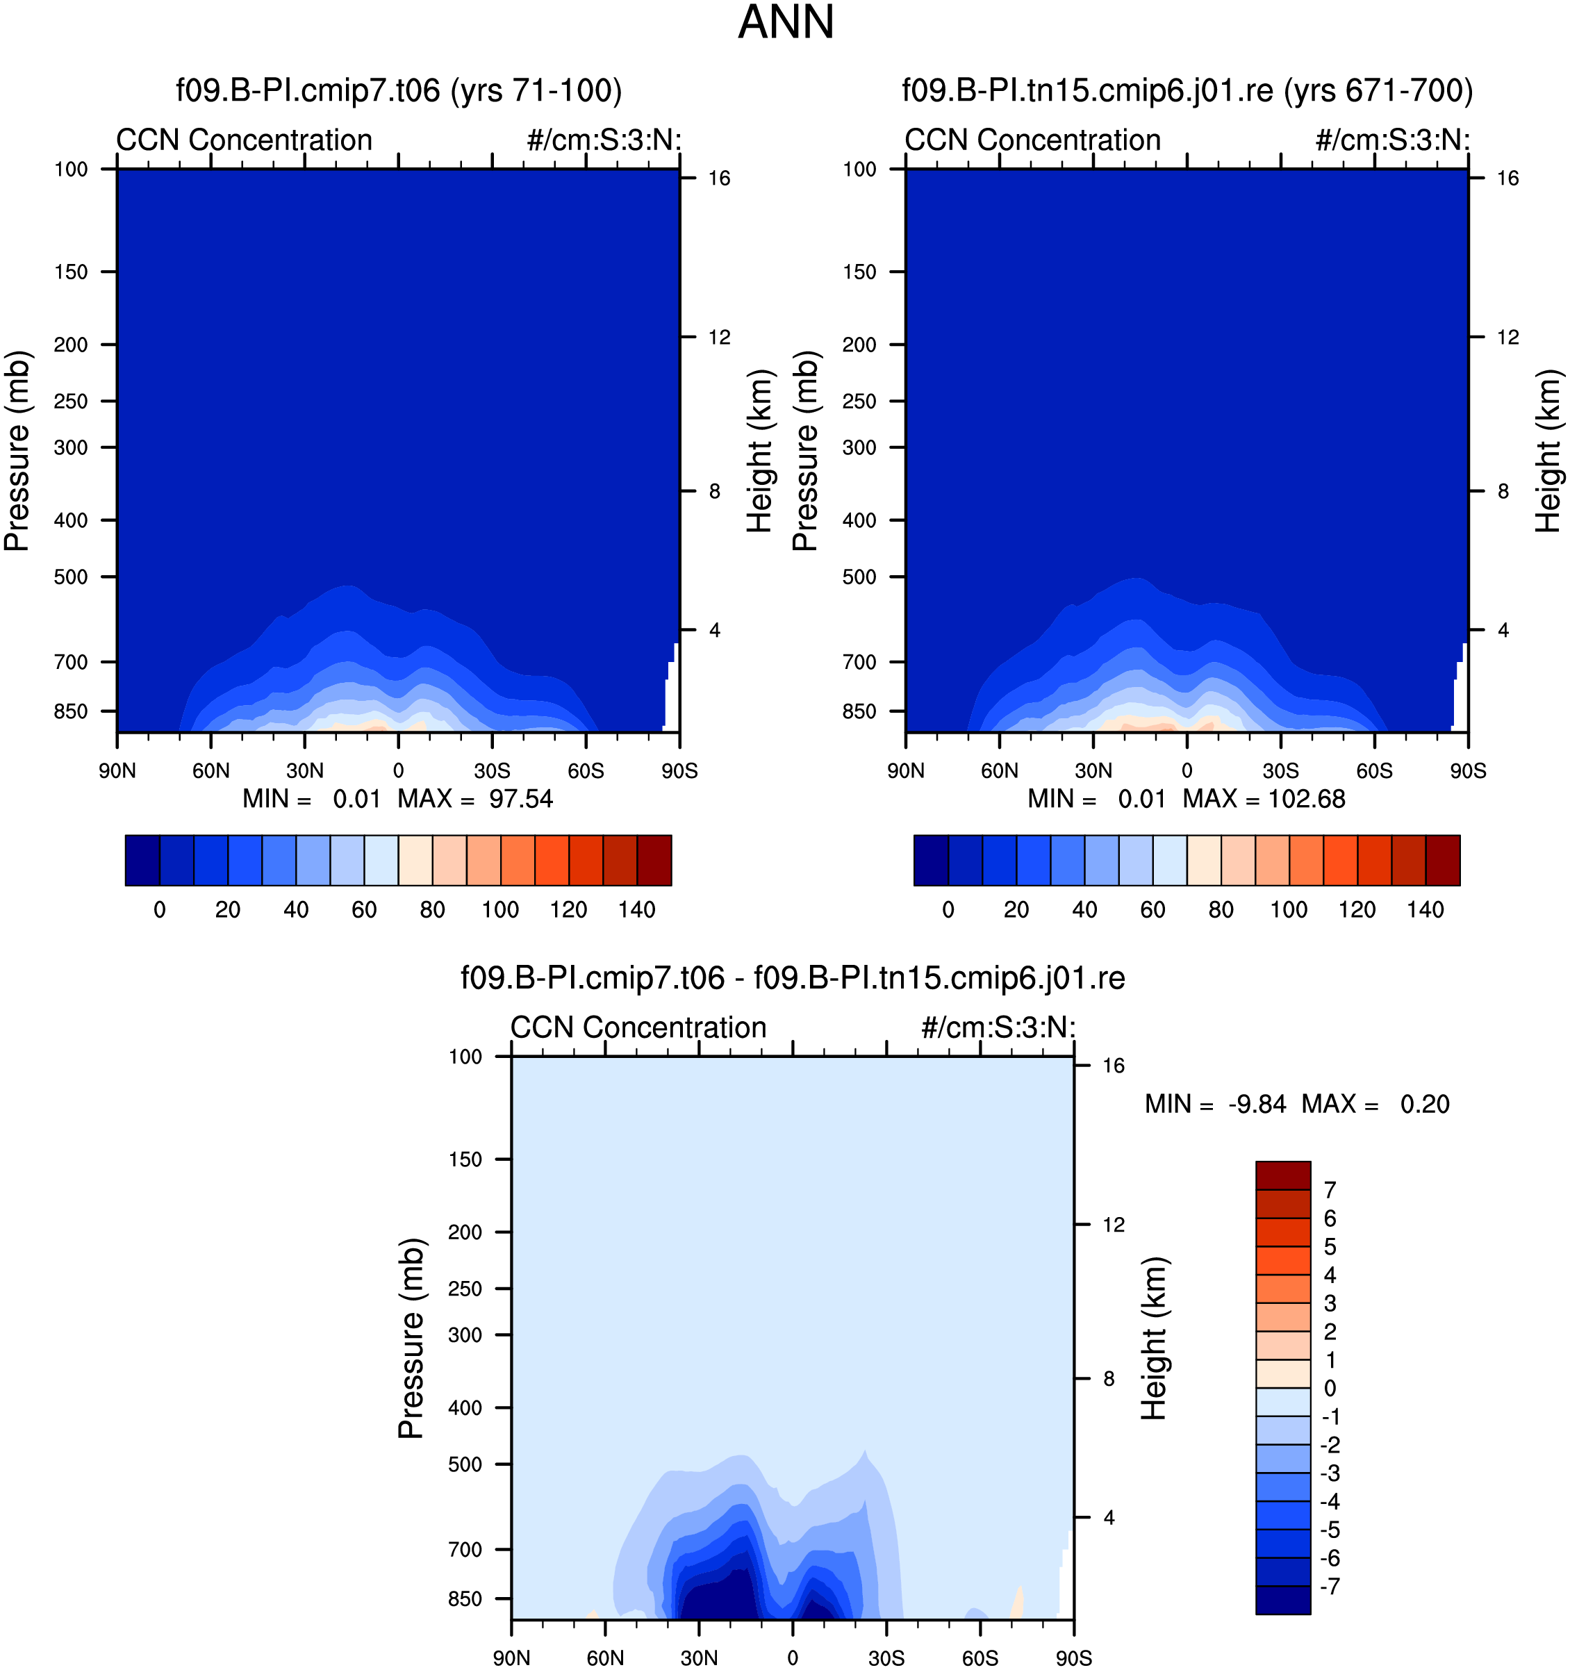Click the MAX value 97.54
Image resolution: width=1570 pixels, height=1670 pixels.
pyautogui.click(x=521, y=799)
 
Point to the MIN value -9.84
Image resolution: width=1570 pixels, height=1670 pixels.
pyautogui.click(x=1257, y=1104)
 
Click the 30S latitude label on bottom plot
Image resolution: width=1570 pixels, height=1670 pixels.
pyautogui.click(x=886, y=1658)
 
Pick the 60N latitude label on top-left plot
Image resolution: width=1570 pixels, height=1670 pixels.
pyautogui.click(x=211, y=771)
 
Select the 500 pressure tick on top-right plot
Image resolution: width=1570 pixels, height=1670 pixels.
pyautogui.click(x=859, y=577)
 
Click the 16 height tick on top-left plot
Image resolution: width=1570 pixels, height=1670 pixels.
pyautogui.click(x=719, y=178)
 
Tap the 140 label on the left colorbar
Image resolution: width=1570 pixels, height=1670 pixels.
pyautogui.click(x=637, y=910)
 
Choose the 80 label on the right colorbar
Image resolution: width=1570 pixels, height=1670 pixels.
pyautogui.click(x=1221, y=910)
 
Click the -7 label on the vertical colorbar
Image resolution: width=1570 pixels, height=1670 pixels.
pyautogui.click(x=1330, y=1587)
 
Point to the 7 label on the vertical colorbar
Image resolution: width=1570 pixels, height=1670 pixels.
pyautogui.click(x=1330, y=1191)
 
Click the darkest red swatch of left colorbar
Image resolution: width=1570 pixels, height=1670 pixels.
pyautogui.click(x=654, y=860)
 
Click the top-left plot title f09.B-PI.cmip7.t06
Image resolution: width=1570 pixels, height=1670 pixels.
pyautogui.click(x=308, y=90)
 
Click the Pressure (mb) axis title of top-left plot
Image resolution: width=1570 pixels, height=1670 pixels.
pyautogui.click(x=17, y=451)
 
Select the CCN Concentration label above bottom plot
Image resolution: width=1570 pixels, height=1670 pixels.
pyautogui.click(x=638, y=1027)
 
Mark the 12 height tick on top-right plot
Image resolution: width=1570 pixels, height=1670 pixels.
pyautogui.click(x=1508, y=338)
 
